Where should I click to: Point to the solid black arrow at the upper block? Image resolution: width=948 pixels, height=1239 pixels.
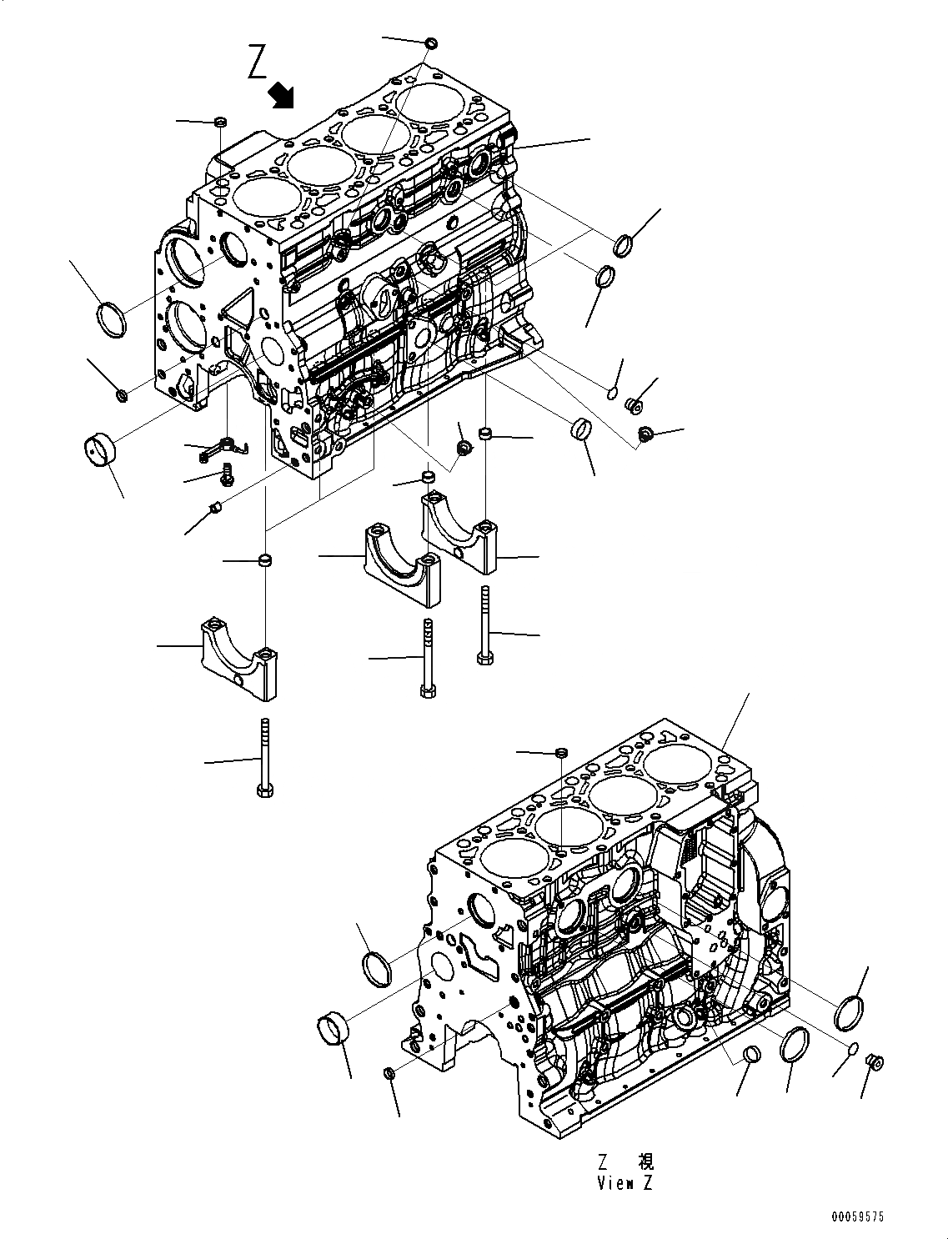tap(283, 95)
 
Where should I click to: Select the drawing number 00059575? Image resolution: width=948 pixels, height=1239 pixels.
tap(855, 1216)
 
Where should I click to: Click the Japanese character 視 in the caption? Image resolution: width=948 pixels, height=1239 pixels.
tap(645, 1161)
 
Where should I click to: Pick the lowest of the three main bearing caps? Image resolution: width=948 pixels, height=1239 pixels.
tap(237, 655)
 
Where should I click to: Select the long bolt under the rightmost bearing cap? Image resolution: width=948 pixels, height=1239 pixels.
tap(484, 625)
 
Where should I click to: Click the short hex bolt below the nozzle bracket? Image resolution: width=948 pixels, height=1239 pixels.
tap(226, 477)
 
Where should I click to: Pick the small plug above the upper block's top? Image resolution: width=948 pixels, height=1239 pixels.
tap(431, 42)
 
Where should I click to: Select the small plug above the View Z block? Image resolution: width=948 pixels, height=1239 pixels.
tap(561, 753)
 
